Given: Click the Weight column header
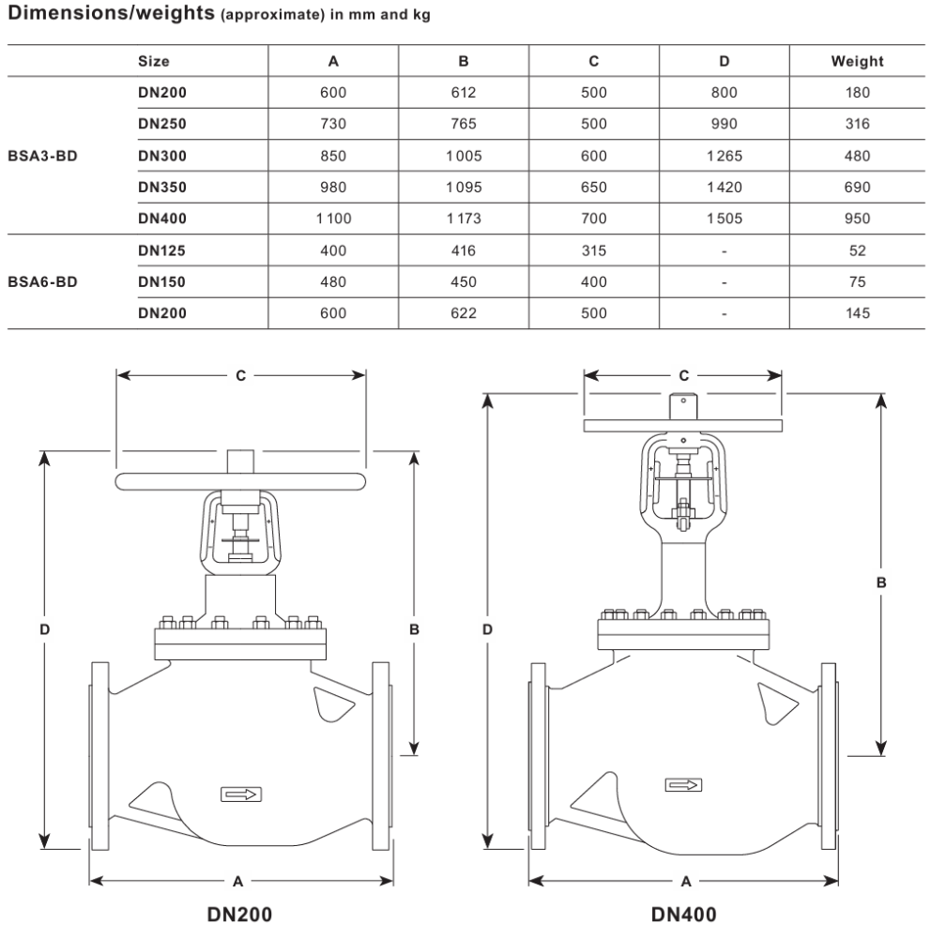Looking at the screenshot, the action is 857,61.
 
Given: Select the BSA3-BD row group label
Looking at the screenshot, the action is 42,156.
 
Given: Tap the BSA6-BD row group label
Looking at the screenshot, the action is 42,281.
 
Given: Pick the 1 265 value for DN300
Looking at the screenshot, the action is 724,156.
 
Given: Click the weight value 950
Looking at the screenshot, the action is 857,219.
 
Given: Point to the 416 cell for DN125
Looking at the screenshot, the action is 464,250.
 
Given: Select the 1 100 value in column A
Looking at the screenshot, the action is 333,219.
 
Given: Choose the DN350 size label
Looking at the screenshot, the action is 162,188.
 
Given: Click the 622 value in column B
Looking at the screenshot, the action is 464,313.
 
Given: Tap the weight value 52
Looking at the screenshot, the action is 858,250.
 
